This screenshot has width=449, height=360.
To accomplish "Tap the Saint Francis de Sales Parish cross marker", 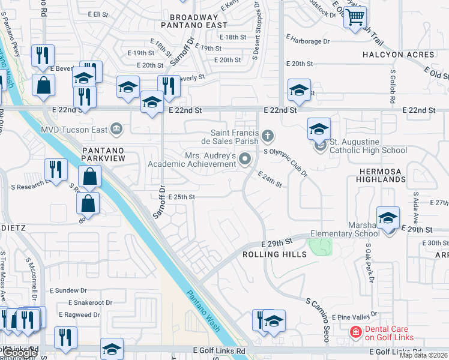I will click(x=268, y=137).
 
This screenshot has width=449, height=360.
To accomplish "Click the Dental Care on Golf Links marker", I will click(x=355, y=331).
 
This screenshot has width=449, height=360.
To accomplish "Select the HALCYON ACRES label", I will click(x=399, y=55).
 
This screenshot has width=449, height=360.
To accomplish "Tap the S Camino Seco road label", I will click(x=319, y=320).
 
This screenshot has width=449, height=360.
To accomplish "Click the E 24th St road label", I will click(x=270, y=179).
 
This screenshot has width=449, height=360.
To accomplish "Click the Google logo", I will click(x=20, y=353).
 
